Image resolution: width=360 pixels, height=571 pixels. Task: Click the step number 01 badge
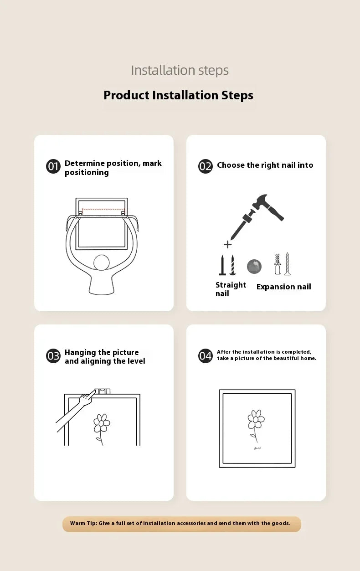coord(53,166)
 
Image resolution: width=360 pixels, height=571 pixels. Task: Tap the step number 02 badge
coord(205,166)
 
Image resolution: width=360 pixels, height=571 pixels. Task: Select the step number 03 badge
coord(53,356)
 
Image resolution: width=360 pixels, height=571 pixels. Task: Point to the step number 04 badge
coord(205,356)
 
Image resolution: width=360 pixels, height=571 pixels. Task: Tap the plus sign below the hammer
coord(227,244)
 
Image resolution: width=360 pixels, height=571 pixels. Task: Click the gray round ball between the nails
coord(254,267)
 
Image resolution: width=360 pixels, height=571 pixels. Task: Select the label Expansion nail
coord(284,287)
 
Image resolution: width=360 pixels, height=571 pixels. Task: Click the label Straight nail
coord(231,289)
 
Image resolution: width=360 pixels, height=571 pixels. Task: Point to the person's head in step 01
coord(102,262)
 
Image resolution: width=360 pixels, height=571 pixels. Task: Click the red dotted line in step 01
coord(103,209)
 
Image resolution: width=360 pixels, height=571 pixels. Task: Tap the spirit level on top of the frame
coord(103,391)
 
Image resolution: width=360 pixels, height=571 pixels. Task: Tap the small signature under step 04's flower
coord(257,448)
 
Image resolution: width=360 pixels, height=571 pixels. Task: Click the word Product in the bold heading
coord(127,95)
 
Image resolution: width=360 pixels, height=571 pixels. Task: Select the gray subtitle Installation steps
coord(180,70)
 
